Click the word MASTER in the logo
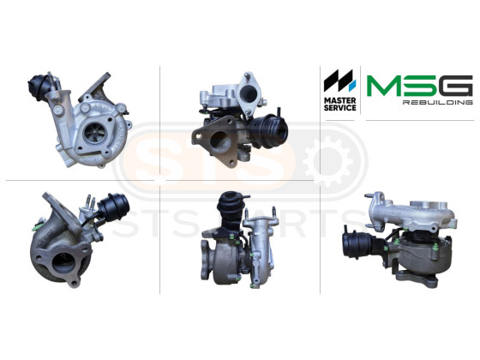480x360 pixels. [x=339, y=101]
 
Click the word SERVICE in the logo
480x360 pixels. [x=339, y=108]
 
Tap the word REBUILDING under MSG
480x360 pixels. [x=437, y=102]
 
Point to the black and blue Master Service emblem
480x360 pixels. [x=339, y=81]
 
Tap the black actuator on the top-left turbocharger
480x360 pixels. [x=39, y=87]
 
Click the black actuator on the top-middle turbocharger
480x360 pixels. [x=269, y=131]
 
